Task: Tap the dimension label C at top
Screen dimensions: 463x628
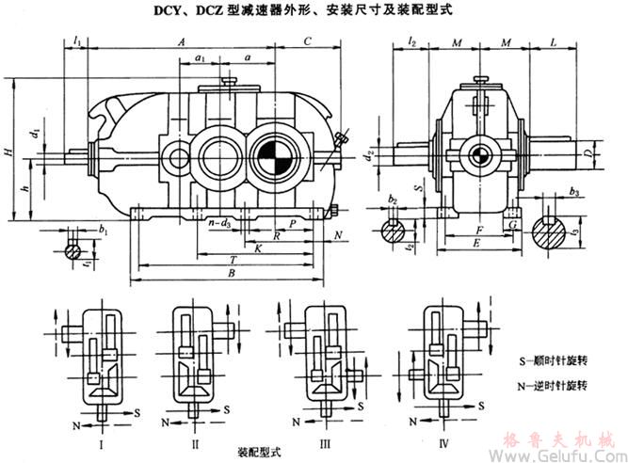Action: [x=308, y=42]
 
